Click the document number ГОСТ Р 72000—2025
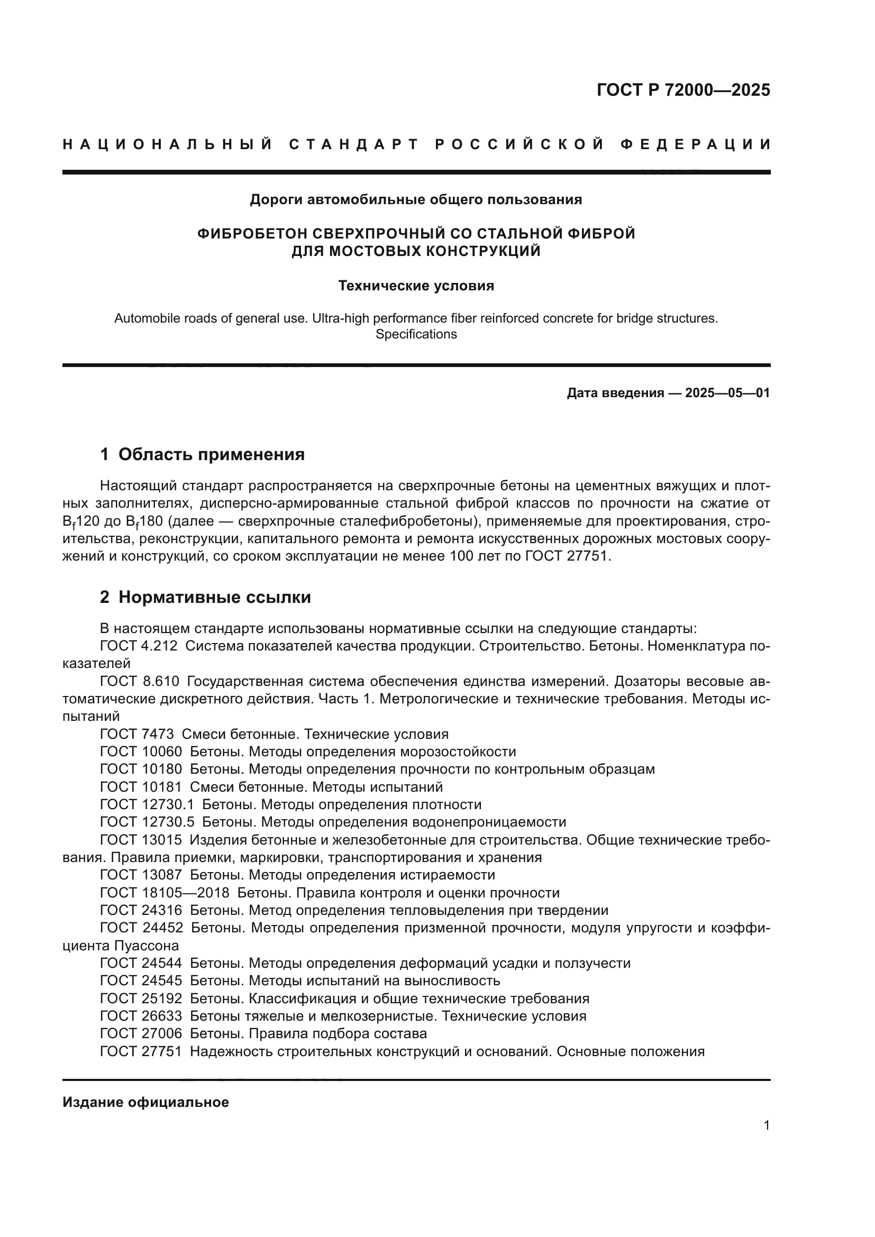pos(683,90)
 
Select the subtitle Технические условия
pos(416,286)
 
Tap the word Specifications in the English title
pos(416,334)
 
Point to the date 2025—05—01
pos(727,393)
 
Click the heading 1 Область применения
pos(203,454)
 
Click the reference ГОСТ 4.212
pos(139,645)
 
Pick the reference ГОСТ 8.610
pos(140,681)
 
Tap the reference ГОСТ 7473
pos(137,734)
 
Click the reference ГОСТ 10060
pos(141,752)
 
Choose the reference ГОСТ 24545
pos(141,981)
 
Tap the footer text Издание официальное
pos(145,1102)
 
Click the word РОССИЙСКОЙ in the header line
pos(519,144)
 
